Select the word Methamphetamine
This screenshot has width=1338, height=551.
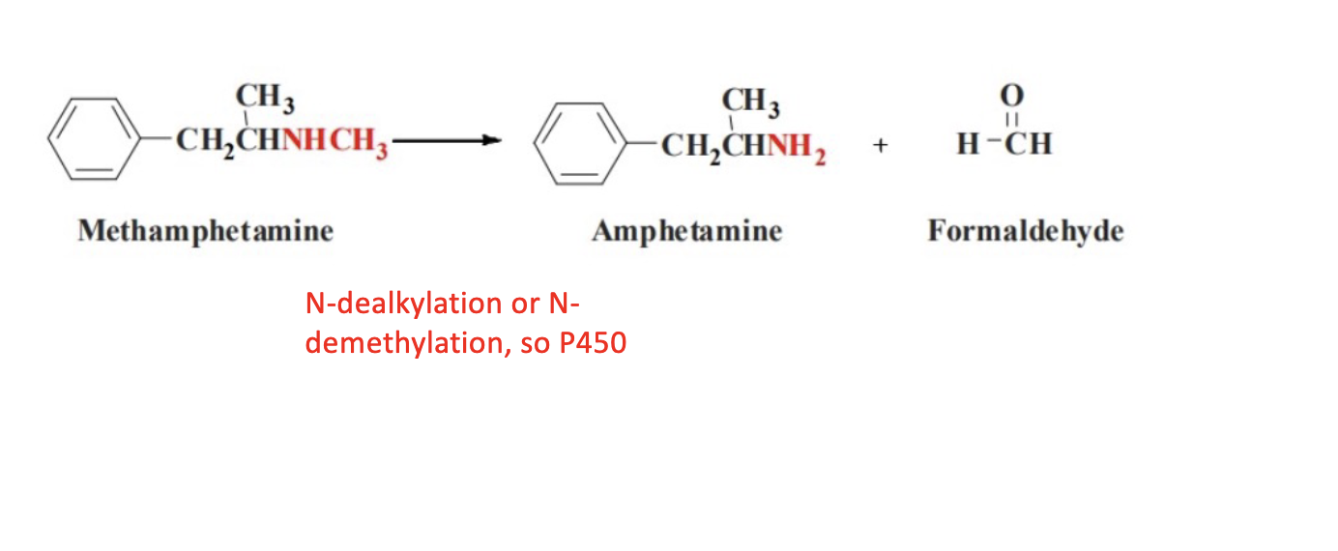(205, 231)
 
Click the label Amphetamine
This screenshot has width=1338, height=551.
(686, 232)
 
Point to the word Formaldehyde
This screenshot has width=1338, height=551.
(1025, 232)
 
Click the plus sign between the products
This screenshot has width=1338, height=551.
(880, 146)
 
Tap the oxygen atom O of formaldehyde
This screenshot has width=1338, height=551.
(1011, 95)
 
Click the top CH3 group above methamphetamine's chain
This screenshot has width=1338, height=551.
(265, 98)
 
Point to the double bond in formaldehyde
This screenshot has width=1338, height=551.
(1011, 118)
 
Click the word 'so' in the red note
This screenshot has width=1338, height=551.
(536, 343)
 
